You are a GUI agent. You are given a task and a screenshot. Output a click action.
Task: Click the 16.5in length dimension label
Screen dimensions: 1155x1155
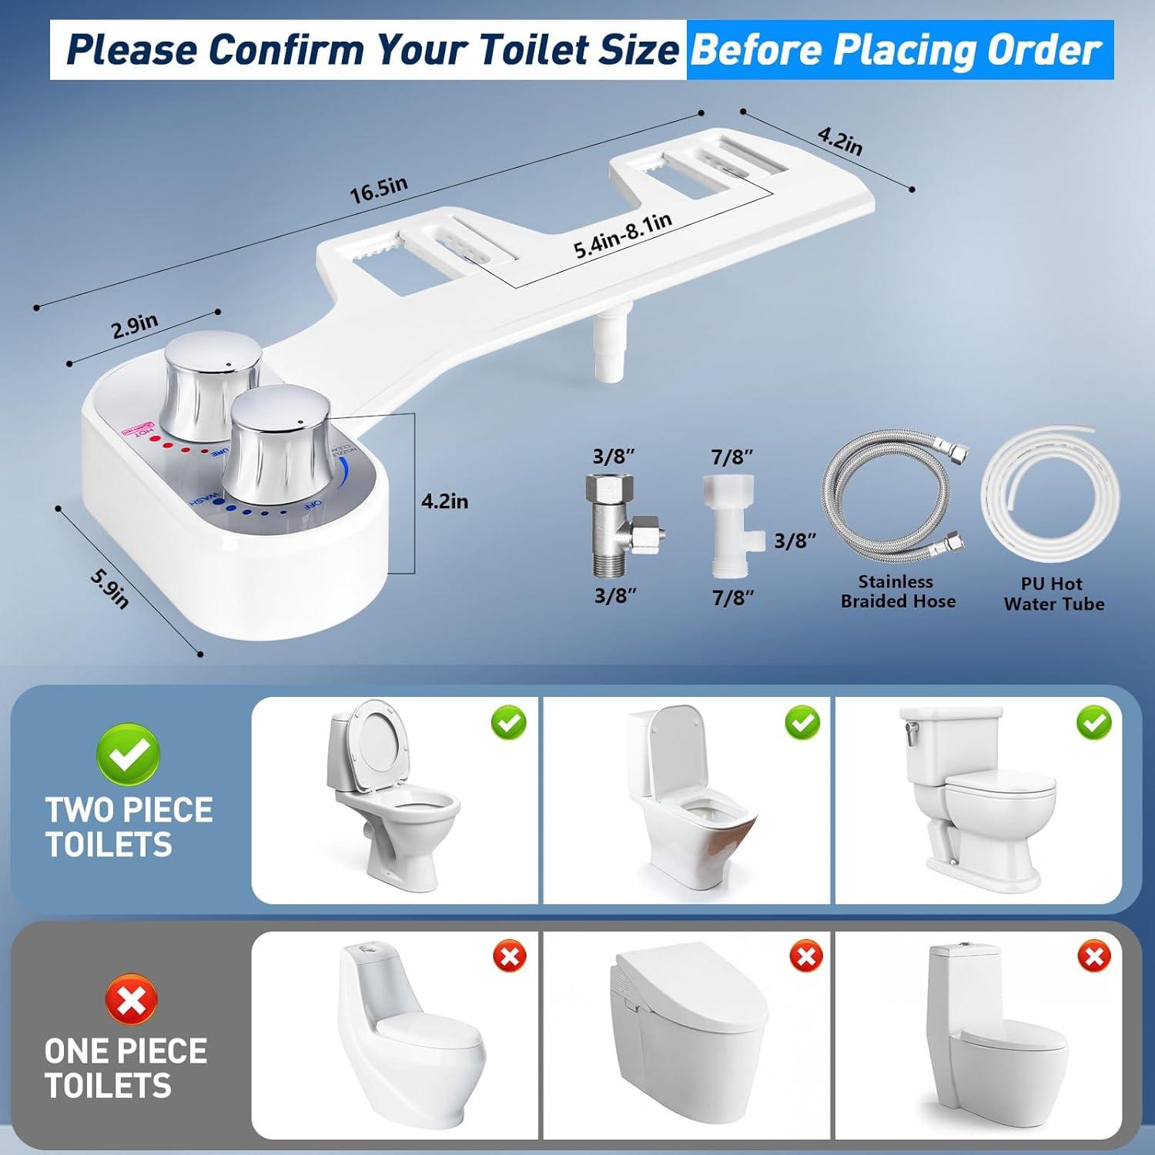tap(379, 189)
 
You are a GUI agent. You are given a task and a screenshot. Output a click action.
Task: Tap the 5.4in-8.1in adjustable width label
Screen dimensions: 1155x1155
tap(623, 236)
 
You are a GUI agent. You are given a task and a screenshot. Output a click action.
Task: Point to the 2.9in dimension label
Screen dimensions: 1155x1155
tap(135, 326)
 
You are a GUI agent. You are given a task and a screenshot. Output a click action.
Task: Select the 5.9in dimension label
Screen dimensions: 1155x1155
tap(109, 588)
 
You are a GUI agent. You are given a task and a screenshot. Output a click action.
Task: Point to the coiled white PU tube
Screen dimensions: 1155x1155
tap(1050, 494)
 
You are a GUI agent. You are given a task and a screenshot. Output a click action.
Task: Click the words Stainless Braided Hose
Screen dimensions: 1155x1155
tap(898, 591)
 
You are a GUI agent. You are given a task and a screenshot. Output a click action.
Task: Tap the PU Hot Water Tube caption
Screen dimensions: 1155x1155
tap(1053, 594)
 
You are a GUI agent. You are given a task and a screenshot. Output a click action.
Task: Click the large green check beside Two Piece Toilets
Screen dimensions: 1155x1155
tap(129, 753)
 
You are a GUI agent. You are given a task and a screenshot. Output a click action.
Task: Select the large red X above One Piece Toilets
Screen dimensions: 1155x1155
tap(130, 999)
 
